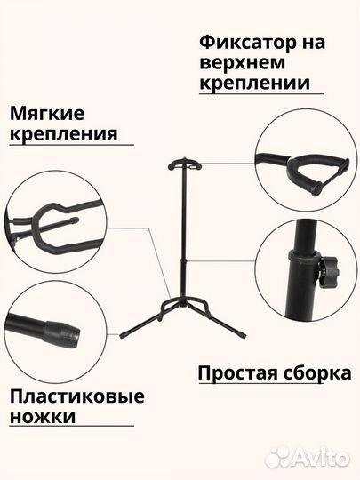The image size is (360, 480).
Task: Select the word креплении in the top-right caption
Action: pos(255,84)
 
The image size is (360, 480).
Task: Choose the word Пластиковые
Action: pos(76,396)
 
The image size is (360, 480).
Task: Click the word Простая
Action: pos(237,372)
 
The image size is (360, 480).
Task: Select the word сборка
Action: pos(315,372)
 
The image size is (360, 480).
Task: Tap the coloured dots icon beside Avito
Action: pos(279,456)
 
